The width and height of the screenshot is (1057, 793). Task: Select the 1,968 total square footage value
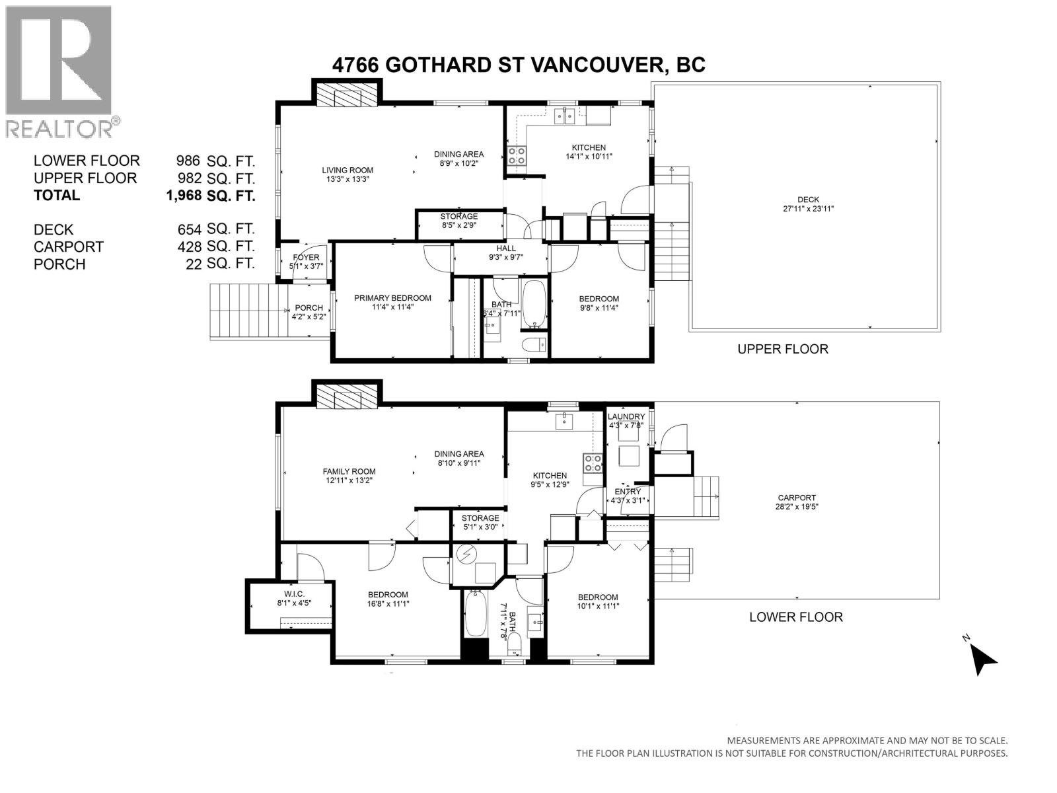[x=210, y=196]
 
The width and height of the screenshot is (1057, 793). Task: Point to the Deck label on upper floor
[x=808, y=204]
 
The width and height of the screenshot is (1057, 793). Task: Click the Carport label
[x=797, y=502]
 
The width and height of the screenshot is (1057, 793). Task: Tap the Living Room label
[x=347, y=174]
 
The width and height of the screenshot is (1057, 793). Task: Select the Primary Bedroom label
[x=392, y=303]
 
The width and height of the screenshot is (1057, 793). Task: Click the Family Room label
[x=349, y=476]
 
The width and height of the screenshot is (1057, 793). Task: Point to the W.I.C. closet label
[x=294, y=599]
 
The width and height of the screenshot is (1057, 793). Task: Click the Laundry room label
[x=626, y=421]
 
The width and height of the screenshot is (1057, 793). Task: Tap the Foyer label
[x=306, y=262]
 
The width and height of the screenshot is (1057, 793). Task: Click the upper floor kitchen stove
[x=517, y=156]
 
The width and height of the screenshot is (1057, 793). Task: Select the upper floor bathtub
[x=534, y=303]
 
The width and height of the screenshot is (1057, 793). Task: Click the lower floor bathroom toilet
[x=514, y=644]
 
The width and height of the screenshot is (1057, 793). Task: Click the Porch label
[x=309, y=312]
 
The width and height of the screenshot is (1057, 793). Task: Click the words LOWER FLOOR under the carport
[x=796, y=617]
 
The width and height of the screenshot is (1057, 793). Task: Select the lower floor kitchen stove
[x=593, y=463]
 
